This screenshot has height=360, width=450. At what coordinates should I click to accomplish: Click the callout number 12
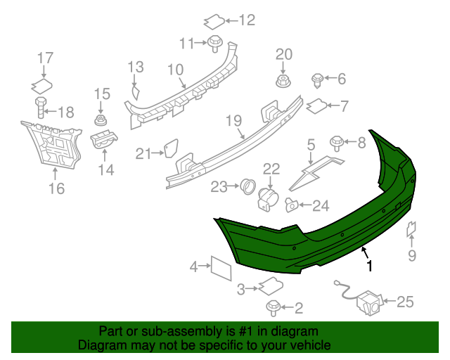tap(247, 20)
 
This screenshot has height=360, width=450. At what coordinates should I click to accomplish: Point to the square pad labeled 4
tap(221, 268)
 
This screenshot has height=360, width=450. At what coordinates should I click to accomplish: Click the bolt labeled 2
tap(273, 307)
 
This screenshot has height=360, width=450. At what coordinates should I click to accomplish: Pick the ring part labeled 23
tap(247, 186)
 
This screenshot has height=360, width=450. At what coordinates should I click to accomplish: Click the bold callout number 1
tap(368, 266)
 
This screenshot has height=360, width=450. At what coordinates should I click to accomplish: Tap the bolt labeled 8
tap(336, 143)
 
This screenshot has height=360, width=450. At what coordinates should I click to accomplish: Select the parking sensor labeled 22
tap(268, 198)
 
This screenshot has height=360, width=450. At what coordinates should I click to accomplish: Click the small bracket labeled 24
tap(291, 205)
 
